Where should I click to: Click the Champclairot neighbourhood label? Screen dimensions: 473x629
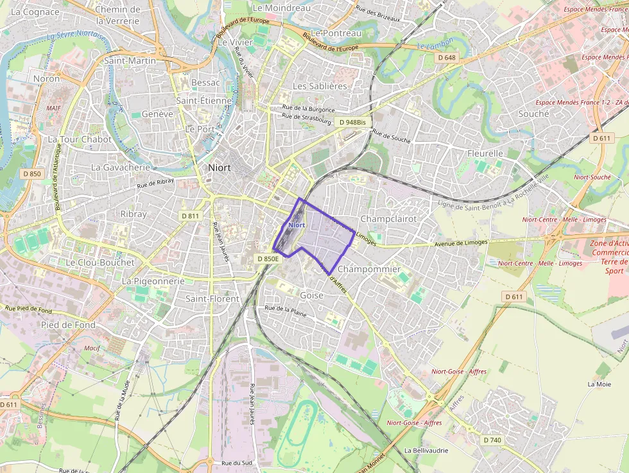[388, 219]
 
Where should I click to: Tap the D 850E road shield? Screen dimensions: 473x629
[268, 259]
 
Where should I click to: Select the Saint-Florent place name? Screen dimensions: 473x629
[212, 298]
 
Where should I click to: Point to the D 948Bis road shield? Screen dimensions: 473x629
[352, 122]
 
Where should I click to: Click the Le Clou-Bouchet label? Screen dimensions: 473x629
[100, 262]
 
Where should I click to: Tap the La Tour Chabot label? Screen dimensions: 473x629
[80, 139]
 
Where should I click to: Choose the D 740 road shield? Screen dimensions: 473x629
[491, 440]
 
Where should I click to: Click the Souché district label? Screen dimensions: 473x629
[533, 114]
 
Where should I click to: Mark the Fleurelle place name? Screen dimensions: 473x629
[485, 153]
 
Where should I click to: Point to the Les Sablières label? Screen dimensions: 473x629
[319, 86]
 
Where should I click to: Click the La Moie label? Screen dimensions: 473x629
[599, 384]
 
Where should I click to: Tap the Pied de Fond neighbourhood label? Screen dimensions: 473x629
[68, 325]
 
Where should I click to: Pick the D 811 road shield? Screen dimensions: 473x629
[190, 216]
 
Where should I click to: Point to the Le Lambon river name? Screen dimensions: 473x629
[435, 44]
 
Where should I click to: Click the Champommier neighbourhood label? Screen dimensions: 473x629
[368, 269]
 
